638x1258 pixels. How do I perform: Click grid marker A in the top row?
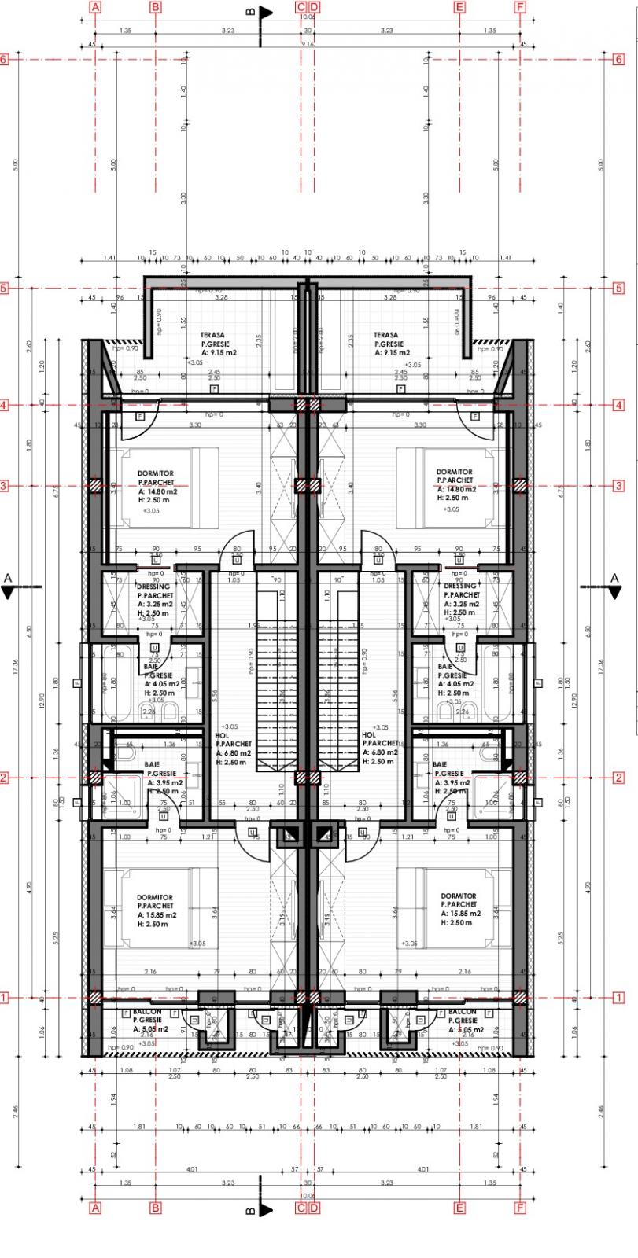96,8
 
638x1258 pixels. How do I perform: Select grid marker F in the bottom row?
519,1208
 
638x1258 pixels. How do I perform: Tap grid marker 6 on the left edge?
4,59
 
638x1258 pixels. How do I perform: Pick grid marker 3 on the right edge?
619,486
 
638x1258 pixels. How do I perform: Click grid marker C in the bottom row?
301,1208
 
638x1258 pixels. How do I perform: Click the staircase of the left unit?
277,692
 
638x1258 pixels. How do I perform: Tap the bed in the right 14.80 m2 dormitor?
444,487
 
